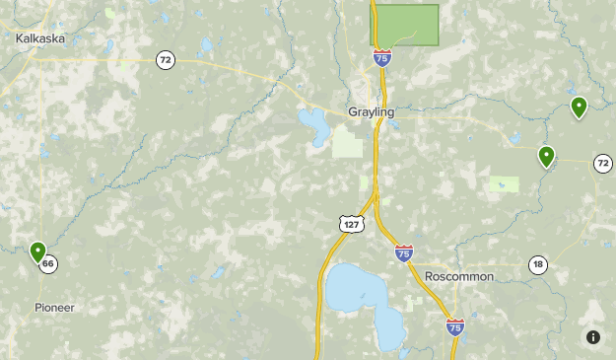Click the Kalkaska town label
click(40, 37)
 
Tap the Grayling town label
click(371, 112)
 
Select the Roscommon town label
click(459, 276)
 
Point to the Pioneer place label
click(53, 308)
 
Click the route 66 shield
click(48, 264)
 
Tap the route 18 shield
click(537, 264)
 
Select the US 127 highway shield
click(352, 224)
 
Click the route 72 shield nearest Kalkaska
click(165, 60)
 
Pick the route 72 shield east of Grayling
click(602, 163)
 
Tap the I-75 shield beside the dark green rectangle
click(381, 58)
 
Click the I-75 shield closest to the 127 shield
click(403, 253)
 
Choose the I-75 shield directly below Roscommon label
click(454, 325)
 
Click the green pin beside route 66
click(37, 252)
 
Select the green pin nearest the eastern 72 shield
click(546, 156)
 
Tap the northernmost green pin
click(579, 107)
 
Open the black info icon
click(593, 337)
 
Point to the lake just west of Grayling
click(315, 125)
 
